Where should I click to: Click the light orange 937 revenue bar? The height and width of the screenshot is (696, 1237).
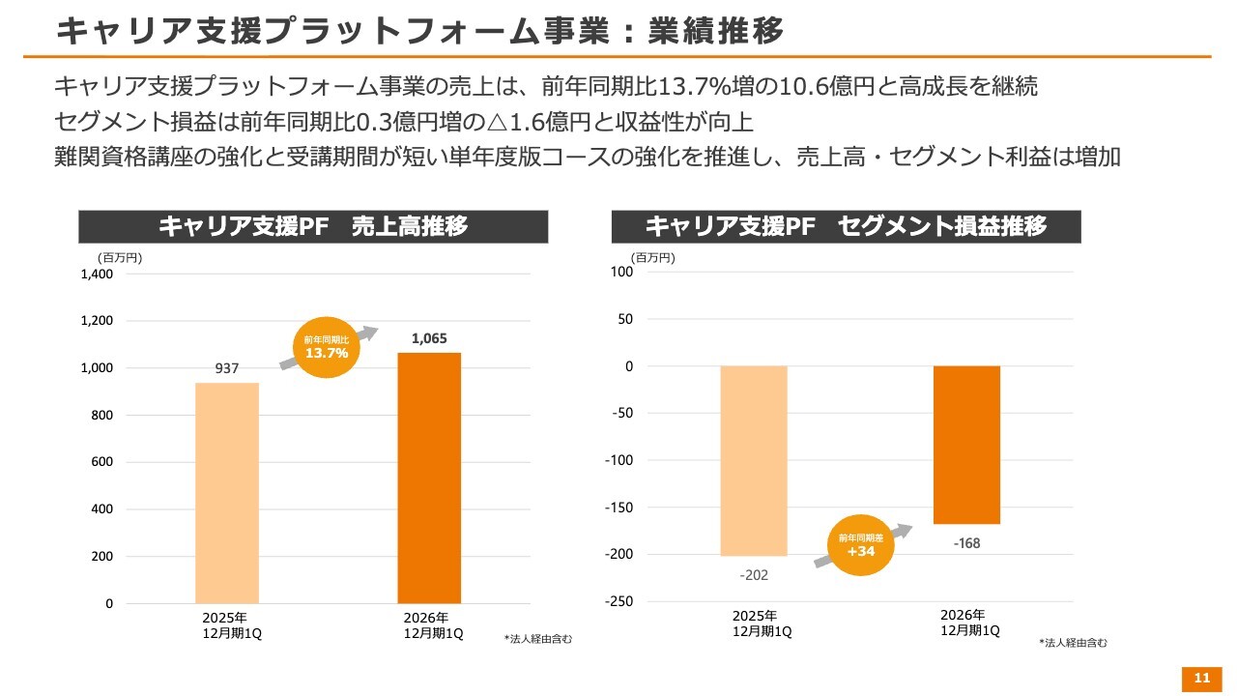click(x=227, y=493)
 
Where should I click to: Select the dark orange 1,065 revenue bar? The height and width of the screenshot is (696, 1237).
click(x=429, y=478)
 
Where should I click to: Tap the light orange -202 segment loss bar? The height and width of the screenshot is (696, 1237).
click(x=754, y=461)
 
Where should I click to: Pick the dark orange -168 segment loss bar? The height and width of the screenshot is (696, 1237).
click(x=967, y=445)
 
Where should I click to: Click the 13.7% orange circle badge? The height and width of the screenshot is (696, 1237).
click(x=327, y=347)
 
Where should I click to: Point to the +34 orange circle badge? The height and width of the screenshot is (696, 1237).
click(x=860, y=545)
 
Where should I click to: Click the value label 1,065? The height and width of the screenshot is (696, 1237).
click(x=429, y=338)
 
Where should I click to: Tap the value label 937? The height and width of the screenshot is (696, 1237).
click(x=227, y=368)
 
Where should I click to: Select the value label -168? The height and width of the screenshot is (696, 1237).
click(x=967, y=543)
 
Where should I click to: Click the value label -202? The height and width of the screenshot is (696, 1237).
click(x=754, y=575)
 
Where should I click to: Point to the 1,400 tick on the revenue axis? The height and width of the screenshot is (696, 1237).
click(x=97, y=274)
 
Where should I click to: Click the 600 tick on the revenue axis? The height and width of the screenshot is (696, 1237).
click(x=102, y=462)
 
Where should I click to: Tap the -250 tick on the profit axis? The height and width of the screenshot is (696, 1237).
click(x=619, y=601)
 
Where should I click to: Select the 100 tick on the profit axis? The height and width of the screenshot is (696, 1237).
click(x=621, y=272)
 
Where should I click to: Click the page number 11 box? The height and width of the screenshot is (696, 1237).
click(x=1201, y=679)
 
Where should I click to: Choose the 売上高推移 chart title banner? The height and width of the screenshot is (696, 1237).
click(x=313, y=226)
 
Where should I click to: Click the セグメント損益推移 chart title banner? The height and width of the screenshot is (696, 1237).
click(x=846, y=226)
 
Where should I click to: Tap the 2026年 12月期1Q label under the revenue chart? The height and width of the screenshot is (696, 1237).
click(x=434, y=625)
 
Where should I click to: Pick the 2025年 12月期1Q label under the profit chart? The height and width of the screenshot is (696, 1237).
click(x=762, y=623)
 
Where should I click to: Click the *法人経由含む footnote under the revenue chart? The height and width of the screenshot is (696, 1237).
click(x=538, y=639)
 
